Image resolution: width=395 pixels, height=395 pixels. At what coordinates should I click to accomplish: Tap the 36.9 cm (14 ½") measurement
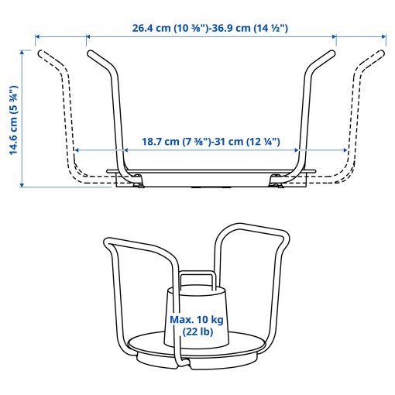[x=245, y=28]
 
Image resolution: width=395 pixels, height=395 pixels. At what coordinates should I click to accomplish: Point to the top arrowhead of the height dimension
[x=23, y=52]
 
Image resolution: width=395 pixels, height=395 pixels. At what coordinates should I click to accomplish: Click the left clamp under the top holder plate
[x=129, y=180]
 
